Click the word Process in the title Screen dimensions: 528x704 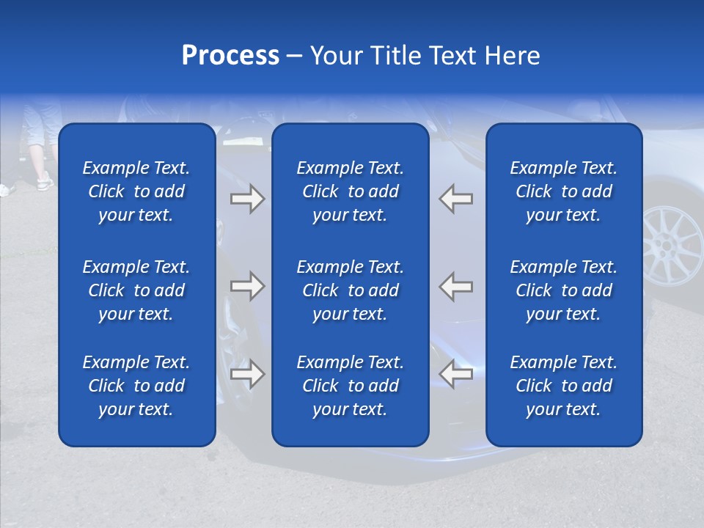click(230, 56)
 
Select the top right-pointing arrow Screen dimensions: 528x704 click(248, 199)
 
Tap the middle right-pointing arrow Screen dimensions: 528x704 click(248, 285)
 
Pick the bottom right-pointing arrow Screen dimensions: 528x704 click(248, 374)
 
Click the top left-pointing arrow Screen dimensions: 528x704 click(455, 199)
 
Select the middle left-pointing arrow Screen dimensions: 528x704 click(455, 285)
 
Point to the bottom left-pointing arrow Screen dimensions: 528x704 click(455, 374)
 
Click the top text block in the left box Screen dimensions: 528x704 click(136, 191)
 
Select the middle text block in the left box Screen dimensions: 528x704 click(136, 290)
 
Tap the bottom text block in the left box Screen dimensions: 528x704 click(136, 386)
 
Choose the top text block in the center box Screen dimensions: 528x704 click(350, 191)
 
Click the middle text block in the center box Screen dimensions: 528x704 click(350, 290)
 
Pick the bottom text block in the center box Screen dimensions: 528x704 click(350, 386)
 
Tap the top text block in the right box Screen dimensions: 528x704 click(563, 191)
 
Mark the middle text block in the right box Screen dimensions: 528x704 click(563, 290)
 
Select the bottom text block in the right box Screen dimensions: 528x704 click(563, 386)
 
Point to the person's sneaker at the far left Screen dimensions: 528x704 click(45, 181)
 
